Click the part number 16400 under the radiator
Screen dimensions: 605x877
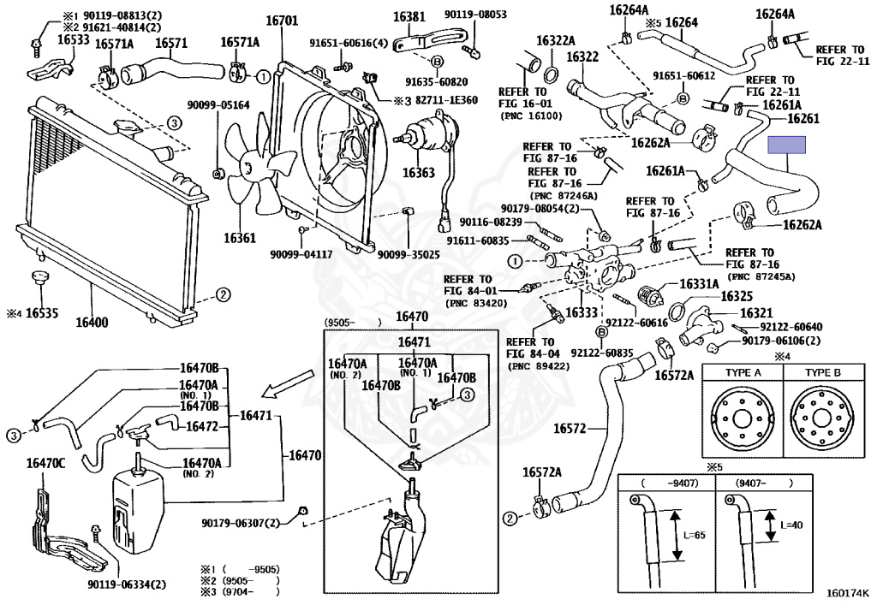click(x=92, y=323)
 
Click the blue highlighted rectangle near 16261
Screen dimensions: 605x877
click(x=787, y=145)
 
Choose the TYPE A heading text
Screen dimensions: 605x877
click(x=742, y=374)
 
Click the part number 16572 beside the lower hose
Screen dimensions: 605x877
click(x=570, y=428)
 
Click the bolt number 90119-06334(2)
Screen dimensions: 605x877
click(x=125, y=584)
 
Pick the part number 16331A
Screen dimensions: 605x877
click(x=699, y=283)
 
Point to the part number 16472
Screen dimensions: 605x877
click(x=202, y=426)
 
